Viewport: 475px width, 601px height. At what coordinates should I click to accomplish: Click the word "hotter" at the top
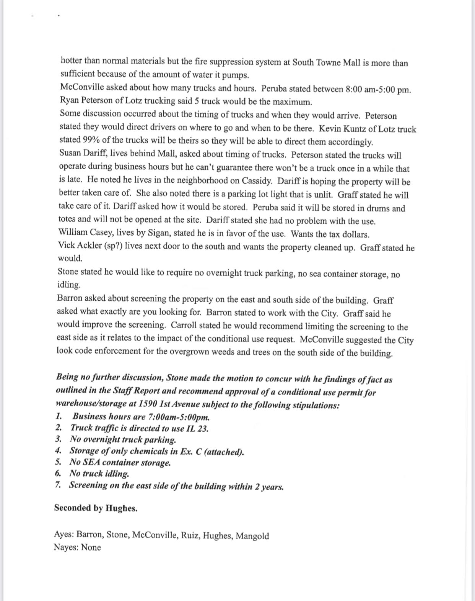tap(71, 61)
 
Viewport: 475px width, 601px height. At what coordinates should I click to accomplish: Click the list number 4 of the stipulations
tap(58, 451)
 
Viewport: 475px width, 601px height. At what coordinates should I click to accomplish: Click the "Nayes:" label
tap(66, 547)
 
